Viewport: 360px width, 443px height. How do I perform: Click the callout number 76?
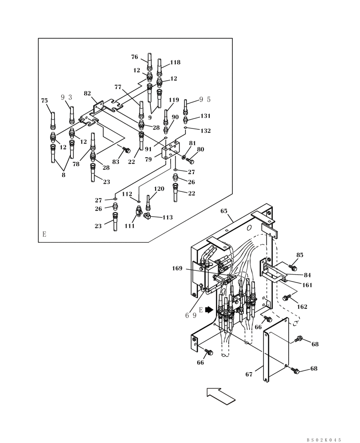(134, 57)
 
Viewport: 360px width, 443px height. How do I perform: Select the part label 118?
(175, 63)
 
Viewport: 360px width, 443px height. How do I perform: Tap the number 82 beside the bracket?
(87, 93)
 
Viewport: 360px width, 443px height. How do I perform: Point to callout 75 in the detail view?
(44, 101)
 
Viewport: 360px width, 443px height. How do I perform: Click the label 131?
(205, 116)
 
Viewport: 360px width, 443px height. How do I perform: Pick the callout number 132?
(205, 131)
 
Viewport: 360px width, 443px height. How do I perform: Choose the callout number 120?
(159, 189)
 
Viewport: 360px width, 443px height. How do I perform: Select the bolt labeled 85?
(292, 267)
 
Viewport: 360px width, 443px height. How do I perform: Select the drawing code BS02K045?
(324, 440)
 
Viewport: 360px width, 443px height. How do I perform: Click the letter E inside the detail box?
(44, 234)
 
